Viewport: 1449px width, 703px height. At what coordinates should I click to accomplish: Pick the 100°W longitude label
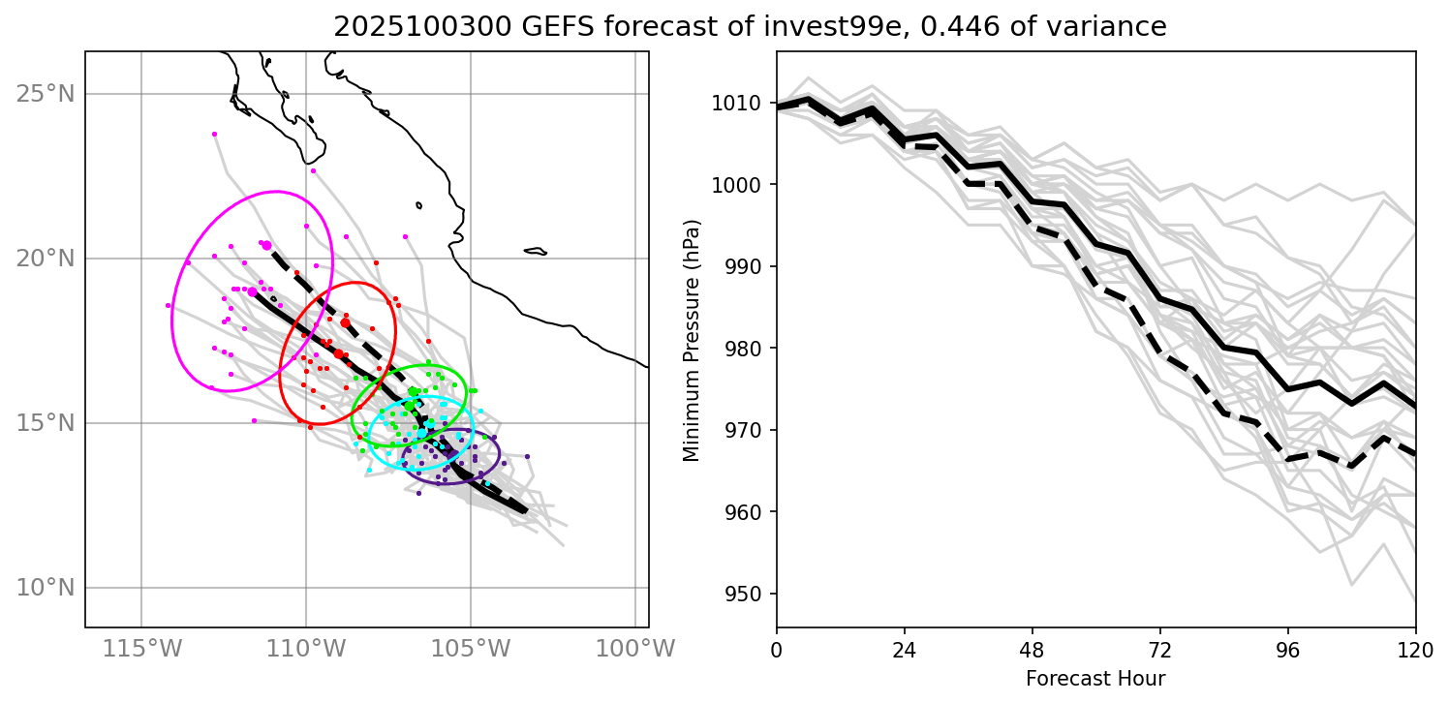coord(635,648)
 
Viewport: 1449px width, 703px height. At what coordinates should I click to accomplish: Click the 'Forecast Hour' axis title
coord(1095,678)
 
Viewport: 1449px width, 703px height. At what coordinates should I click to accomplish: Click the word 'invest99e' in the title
coord(751,28)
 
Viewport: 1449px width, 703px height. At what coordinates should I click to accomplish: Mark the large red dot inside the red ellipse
coord(345,322)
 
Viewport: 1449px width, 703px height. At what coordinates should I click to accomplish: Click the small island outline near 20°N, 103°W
coord(536,252)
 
